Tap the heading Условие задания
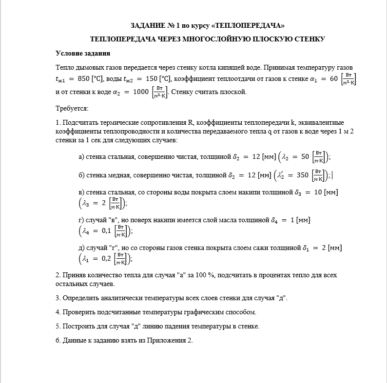83,53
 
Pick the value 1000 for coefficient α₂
140,92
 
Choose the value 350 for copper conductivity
302,175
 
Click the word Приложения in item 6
164,340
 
